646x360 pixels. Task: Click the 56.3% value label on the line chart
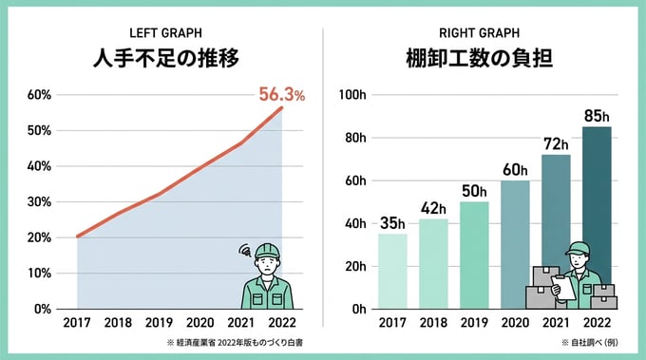point(281,95)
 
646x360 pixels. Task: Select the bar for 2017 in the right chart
point(392,271)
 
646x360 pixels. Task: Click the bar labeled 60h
point(515,244)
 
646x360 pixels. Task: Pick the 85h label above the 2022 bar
point(597,116)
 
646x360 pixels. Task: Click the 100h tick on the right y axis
point(353,95)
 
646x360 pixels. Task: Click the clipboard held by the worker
point(563,285)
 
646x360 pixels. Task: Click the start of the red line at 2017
point(77,237)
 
